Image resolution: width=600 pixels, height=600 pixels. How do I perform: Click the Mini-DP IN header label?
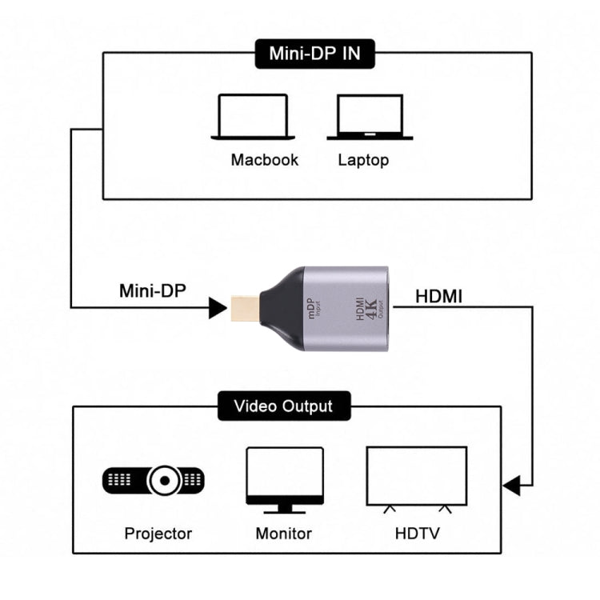(x=314, y=54)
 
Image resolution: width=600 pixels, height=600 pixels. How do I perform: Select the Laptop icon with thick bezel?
(x=370, y=118)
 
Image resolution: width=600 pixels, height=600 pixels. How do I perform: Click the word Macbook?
(x=264, y=160)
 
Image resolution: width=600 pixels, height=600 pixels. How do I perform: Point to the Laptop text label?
(x=363, y=160)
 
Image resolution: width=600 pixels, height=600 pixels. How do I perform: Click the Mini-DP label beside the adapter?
(x=152, y=290)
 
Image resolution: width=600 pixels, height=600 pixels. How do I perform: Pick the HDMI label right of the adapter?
(x=438, y=296)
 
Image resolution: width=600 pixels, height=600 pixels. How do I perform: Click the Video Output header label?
(x=283, y=406)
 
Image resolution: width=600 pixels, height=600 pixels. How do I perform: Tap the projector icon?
(x=154, y=479)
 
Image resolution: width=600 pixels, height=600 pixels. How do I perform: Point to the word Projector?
(x=158, y=533)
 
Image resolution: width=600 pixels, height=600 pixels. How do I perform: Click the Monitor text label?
(x=283, y=533)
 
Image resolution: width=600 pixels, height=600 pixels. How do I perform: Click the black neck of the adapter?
(x=282, y=309)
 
